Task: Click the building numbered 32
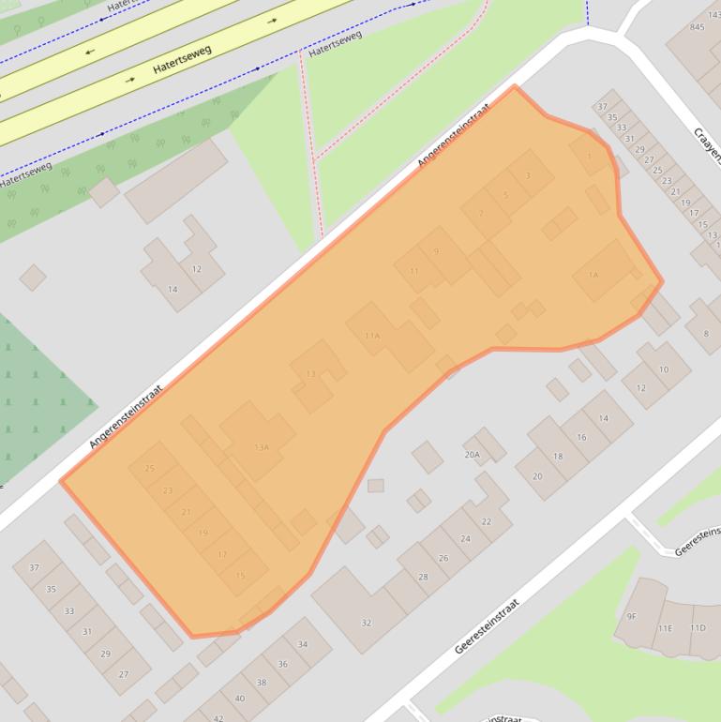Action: pos(367,622)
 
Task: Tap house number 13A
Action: pos(262,447)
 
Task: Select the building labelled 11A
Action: pos(372,335)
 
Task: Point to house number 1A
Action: pos(593,275)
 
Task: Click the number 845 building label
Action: pos(697,27)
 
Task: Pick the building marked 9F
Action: pos(632,616)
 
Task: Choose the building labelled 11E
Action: pos(665,627)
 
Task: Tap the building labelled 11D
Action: pos(698,627)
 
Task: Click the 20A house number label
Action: pos(472,455)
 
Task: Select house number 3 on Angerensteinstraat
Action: pos(528,175)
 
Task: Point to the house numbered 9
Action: pos(436,251)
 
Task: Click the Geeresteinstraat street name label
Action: pos(487,626)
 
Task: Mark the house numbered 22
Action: pos(486,521)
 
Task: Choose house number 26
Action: pos(443,558)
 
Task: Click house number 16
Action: pos(581,437)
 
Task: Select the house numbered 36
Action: pos(282,664)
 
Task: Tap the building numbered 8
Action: pos(706,333)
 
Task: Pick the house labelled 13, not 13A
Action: pos(310,374)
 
